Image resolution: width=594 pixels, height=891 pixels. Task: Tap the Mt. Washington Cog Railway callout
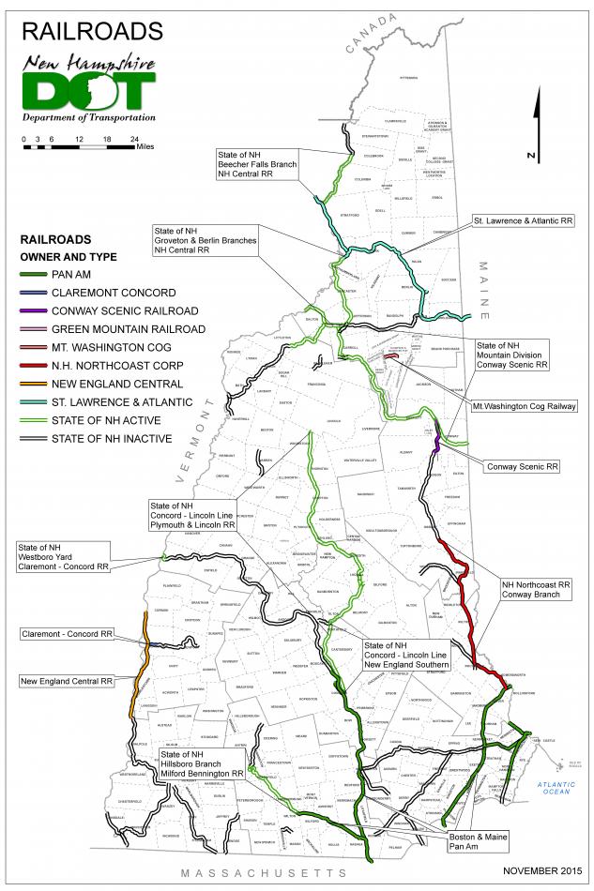point(529,407)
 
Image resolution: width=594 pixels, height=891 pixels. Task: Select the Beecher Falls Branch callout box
point(258,164)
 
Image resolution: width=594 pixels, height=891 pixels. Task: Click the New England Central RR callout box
point(69,680)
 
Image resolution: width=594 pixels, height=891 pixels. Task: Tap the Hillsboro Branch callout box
point(202,764)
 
